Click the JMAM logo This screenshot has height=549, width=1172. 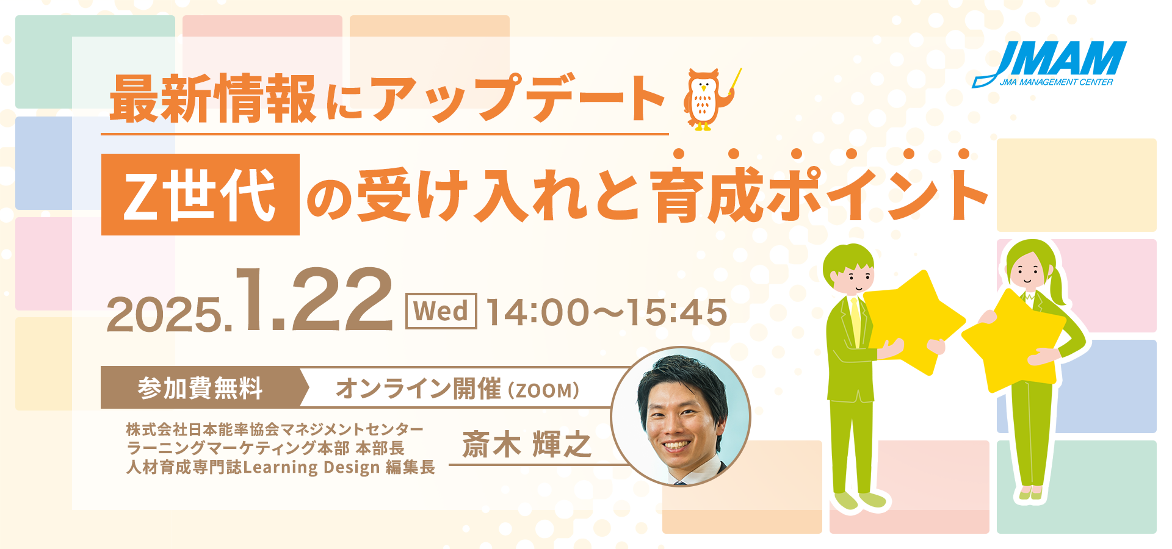tap(1049, 64)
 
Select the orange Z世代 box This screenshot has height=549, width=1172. tap(200, 195)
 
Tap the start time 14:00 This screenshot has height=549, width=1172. tap(537, 312)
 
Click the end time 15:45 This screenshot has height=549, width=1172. tap(676, 312)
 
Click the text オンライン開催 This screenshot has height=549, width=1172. tap(418, 389)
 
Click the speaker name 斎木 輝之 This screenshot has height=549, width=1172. tap(527, 444)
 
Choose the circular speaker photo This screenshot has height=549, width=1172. tap(681, 417)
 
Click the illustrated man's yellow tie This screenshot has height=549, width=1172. tap(856, 322)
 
